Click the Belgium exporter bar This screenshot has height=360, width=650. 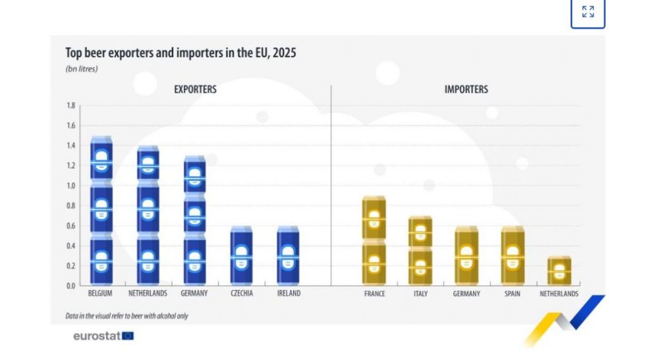point(102,210)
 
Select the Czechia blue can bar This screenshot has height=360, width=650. point(241,255)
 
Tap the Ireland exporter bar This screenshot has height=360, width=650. point(288,255)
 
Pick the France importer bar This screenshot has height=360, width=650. point(374,241)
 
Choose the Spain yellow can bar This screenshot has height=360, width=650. point(513,255)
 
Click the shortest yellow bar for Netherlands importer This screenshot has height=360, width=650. point(559,271)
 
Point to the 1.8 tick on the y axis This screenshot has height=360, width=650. point(71,105)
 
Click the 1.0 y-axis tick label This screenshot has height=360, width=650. point(71,185)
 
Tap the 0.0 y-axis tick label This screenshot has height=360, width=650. point(71,286)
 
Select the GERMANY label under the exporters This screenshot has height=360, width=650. point(194,293)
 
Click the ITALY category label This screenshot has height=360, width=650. point(420,293)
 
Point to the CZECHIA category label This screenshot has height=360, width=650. point(242,293)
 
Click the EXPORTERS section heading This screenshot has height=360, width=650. point(196,89)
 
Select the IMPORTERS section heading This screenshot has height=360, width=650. point(467,89)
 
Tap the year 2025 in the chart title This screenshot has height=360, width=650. point(284,53)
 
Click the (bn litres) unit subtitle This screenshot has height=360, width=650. point(82,69)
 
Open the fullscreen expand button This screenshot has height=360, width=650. point(588,13)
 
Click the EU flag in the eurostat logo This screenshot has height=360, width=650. point(128,335)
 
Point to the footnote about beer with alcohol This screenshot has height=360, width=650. point(127,316)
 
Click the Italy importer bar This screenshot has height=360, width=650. point(420,251)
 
